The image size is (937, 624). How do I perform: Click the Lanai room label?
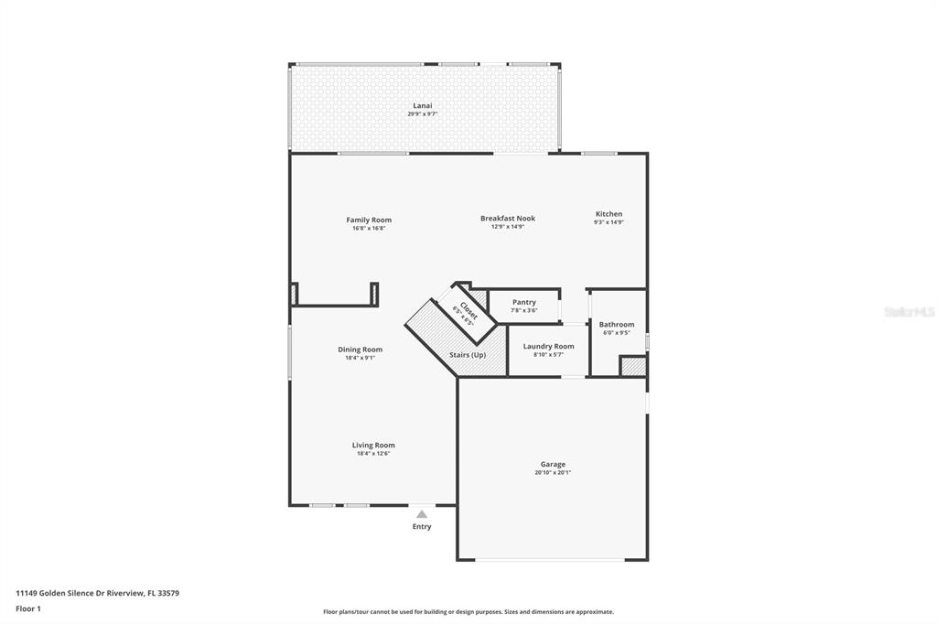coord(423,106)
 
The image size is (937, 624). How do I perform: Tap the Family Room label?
coord(369,220)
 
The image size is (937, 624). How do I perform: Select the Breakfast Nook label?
coord(508,218)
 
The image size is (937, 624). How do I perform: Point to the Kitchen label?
coord(609,214)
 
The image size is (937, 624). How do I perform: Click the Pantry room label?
coord(524,303)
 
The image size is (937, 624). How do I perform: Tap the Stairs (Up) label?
coord(468,355)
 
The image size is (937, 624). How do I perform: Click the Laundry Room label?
coord(549,346)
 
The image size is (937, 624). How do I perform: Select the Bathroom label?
coord(617,325)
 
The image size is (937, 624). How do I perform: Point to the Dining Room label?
coord(361,350)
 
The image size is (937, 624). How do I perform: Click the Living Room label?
coord(373,446)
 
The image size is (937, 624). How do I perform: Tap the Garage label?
coord(553,465)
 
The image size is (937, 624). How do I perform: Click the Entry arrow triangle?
coord(422,514)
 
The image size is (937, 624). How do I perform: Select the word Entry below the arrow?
coord(422,527)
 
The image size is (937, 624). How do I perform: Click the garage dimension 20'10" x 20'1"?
coord(553,473)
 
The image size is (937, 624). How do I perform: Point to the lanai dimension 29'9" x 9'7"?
coord(423,114)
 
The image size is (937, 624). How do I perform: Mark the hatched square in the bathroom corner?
coord(633,366)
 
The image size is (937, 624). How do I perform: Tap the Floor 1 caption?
coord(28,609)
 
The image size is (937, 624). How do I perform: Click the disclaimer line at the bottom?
coord(468,612)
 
